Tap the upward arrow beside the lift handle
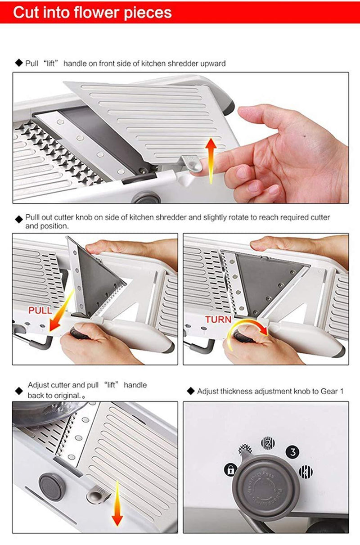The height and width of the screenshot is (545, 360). [211, 161]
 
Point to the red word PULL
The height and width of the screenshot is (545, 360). [40, 311]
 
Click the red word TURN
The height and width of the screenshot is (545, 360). [218, 320]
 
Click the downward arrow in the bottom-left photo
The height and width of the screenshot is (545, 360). [117, 503]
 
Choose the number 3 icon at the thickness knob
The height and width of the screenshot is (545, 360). [292, 452]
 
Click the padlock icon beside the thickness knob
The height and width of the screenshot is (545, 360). [230, 469]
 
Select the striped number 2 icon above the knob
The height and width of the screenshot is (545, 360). [268, 443]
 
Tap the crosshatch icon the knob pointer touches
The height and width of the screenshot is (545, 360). [245, 449]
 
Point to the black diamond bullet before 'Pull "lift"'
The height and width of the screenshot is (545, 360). [19, 63]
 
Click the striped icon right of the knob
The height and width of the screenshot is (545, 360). [306, 472]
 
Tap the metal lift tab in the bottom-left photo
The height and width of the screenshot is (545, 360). [98, 495]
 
